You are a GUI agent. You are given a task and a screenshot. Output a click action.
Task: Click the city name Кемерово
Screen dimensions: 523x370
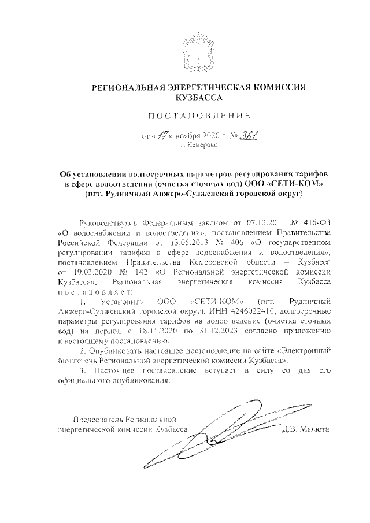tap(198, 147)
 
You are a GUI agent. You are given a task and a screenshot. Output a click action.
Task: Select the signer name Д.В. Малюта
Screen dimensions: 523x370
tap(305, 429)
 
